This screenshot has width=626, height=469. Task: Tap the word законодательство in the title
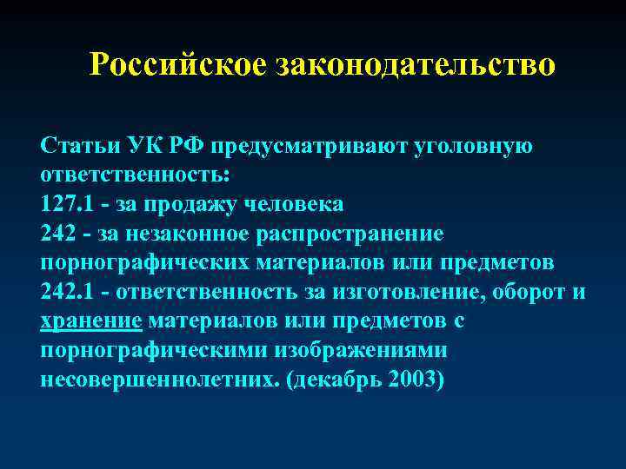click(x=415, y=65)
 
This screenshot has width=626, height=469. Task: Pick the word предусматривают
click(x=300, y=145)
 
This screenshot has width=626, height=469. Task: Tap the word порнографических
click(x=143, y=264)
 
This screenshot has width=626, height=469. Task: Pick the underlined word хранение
click(x=91, y=323)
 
